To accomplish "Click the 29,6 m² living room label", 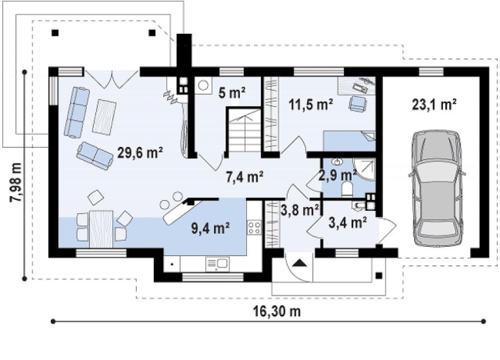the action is point(140,152).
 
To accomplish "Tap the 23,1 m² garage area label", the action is point(435,104).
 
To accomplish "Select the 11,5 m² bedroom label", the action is point(312,104).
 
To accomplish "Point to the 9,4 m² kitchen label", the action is point(211,228).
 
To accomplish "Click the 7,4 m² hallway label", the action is point(245,177).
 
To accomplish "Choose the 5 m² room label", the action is point(232,92).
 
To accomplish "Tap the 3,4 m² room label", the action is point(347,222).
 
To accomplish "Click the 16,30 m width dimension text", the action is point(277,311).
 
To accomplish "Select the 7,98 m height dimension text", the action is point(15,182).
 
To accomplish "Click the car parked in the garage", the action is point(437,188).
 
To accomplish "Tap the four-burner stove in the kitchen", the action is point(254,228).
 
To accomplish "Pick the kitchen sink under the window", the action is point(217,264).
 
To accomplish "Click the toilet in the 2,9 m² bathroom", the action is point(347,188).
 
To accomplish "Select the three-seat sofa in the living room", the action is point(77,113).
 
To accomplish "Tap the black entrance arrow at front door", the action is point(299,263).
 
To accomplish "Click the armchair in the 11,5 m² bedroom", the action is point(358,104).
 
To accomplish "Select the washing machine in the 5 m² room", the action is point(203,85).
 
